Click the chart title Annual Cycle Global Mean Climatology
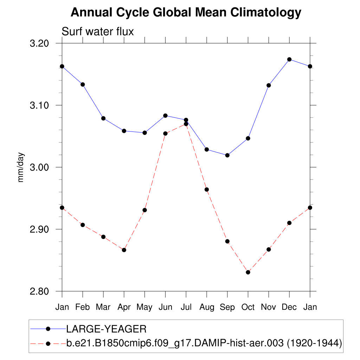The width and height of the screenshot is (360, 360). [x=186, y=13]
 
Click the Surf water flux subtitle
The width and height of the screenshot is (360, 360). [x=98, y=32]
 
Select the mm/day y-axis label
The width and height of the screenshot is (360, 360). [x=21, y=167]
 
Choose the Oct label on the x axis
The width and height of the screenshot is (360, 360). [x=248, y=307]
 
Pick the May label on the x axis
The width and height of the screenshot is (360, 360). [x=144, y=307]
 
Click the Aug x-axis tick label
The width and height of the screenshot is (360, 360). [x=207, y=307]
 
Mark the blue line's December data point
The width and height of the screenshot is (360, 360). [x=289, y=59]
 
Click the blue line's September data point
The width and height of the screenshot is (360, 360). [x=227, y=155]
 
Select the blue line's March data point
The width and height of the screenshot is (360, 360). [x=103, y=118]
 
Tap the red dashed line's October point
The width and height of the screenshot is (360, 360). [x=248, y=272]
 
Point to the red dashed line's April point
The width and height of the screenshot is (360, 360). [x=124, y=250]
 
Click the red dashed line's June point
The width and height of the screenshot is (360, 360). [x=165, y=134]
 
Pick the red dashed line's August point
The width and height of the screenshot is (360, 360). [x=207, y=189]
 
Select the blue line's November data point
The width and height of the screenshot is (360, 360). [x=269, y=85]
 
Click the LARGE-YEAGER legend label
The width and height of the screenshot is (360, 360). [x=106, y=329]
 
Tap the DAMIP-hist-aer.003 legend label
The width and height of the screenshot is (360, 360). [x=204, y=343]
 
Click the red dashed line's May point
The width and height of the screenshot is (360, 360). [x=144, y=210]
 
